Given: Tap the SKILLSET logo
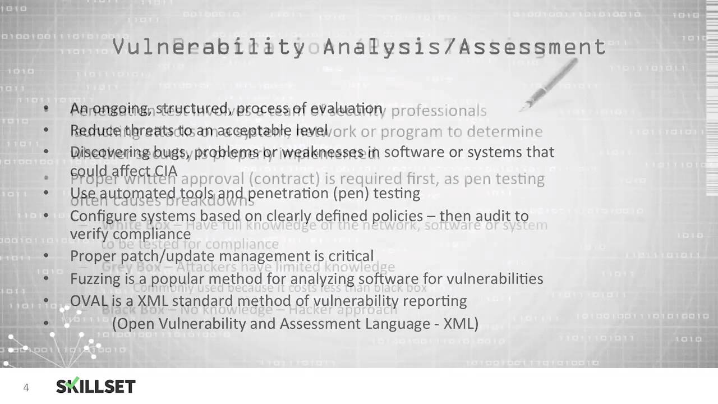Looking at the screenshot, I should [95, 386].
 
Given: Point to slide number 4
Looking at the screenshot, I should [26, 387].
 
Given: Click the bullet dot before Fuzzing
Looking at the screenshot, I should [46, 278].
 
